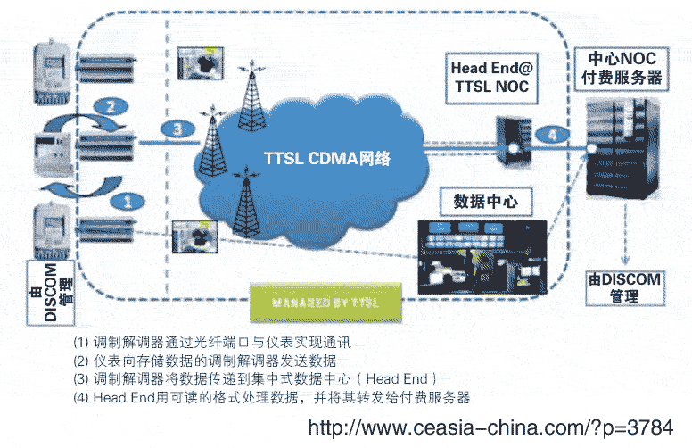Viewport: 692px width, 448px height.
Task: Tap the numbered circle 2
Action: (x=110, y=106)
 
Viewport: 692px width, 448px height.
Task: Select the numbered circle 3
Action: (x=177, y=130)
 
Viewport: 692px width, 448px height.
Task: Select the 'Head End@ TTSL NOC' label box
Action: (x=490, y=77)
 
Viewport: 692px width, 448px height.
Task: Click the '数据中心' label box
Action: (x=486, y=200)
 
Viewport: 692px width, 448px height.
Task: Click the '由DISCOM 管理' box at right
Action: (x=624, y=287)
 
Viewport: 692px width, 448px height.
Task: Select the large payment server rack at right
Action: (x=625, y=147)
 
